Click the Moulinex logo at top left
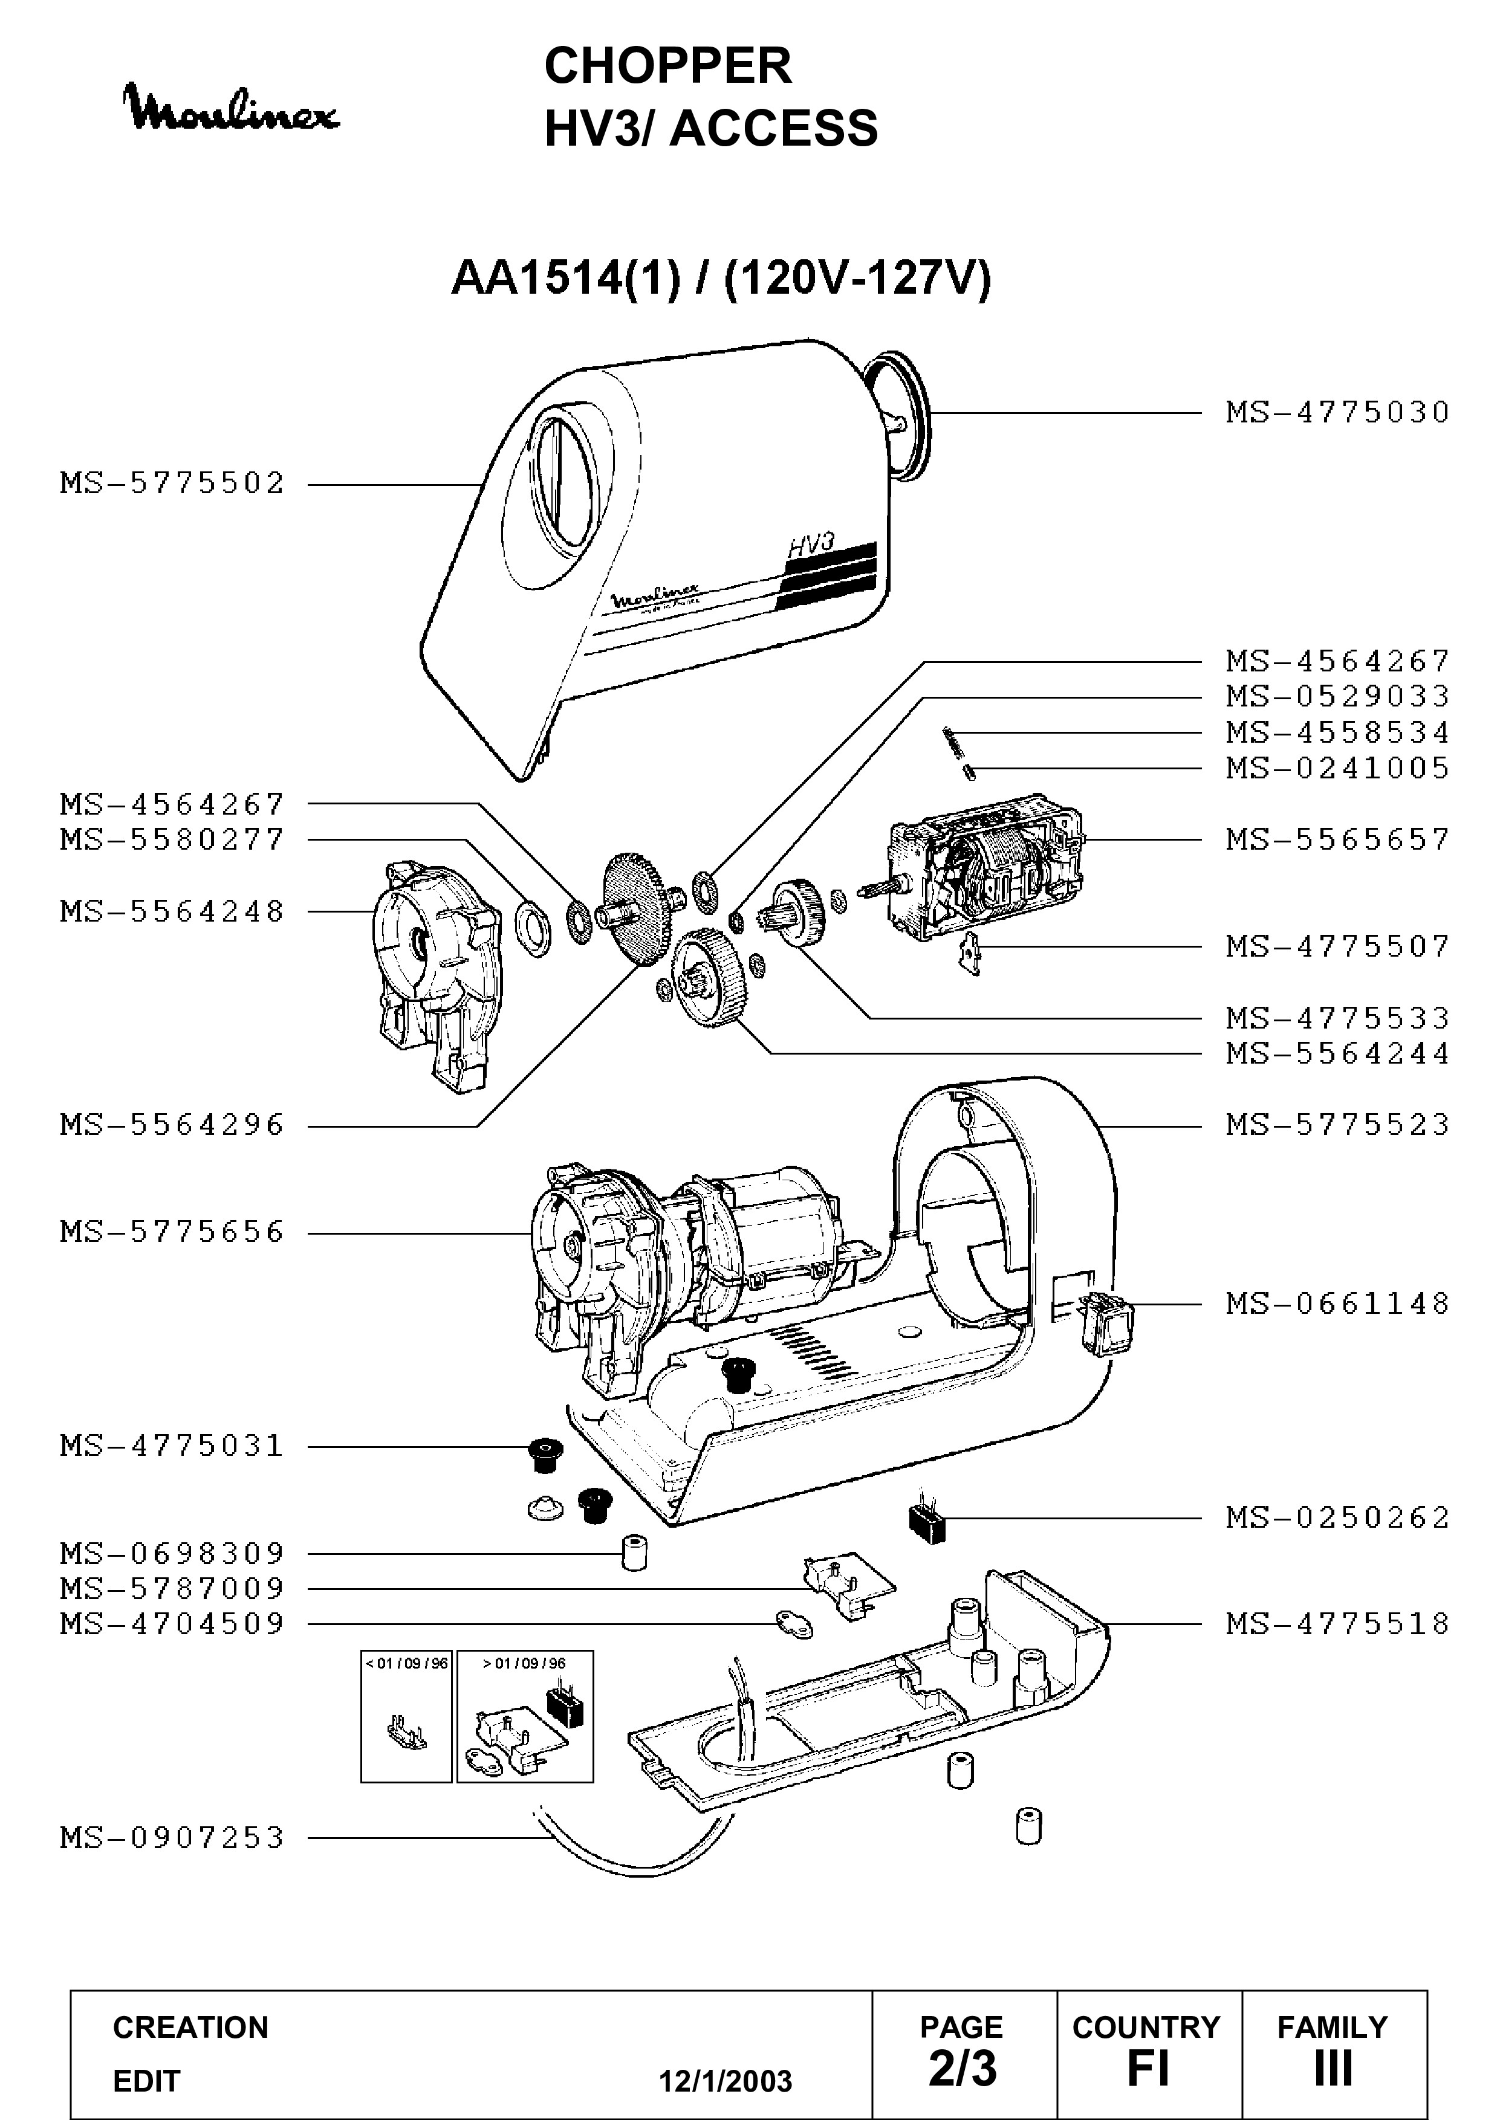coord(233,109)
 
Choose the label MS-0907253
coord(173,1838)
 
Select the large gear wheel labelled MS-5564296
coord(637,910)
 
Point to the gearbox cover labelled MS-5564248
coord(434,975)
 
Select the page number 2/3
coord(963,2069)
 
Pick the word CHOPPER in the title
coord(668,65)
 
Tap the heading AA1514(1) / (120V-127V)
coord(721,277)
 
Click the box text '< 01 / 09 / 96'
coord(406,1664)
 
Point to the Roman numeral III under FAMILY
coord(1333,2069)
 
